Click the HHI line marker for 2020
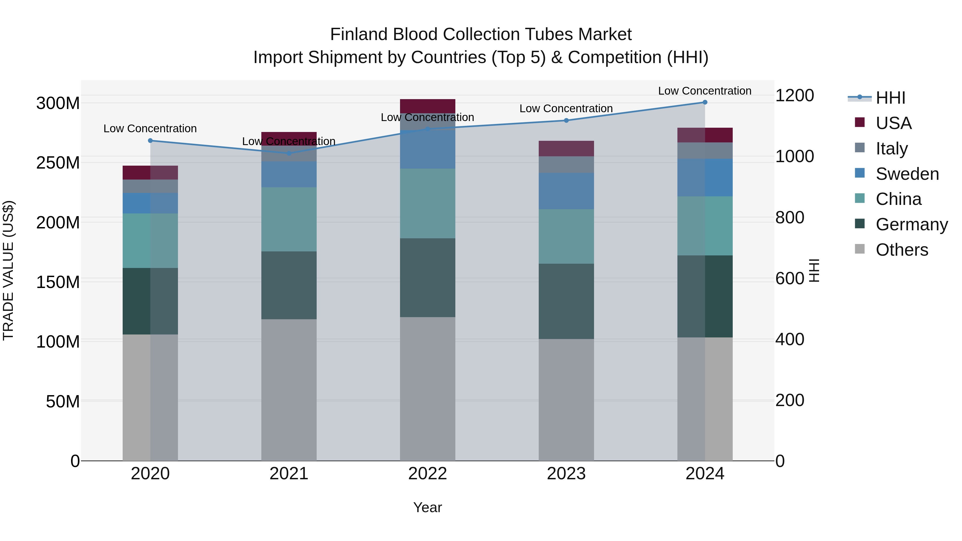(x=150, y=141)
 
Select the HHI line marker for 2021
(x=289, y=153)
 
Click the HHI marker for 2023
(x=566, y=120)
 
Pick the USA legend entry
(x=893, y=123)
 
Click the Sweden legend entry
(x=907, y=174)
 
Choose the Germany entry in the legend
(x=911, y=224)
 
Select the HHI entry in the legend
(x=890, y=98)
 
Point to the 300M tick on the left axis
(x=58, y=103)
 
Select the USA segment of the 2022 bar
(x=428, y=106)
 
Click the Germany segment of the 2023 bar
(x=566, y=301)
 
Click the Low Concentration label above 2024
(x=704, y=91)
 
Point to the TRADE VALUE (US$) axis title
(x=8, y=270)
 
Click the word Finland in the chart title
(x=354, y=35)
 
